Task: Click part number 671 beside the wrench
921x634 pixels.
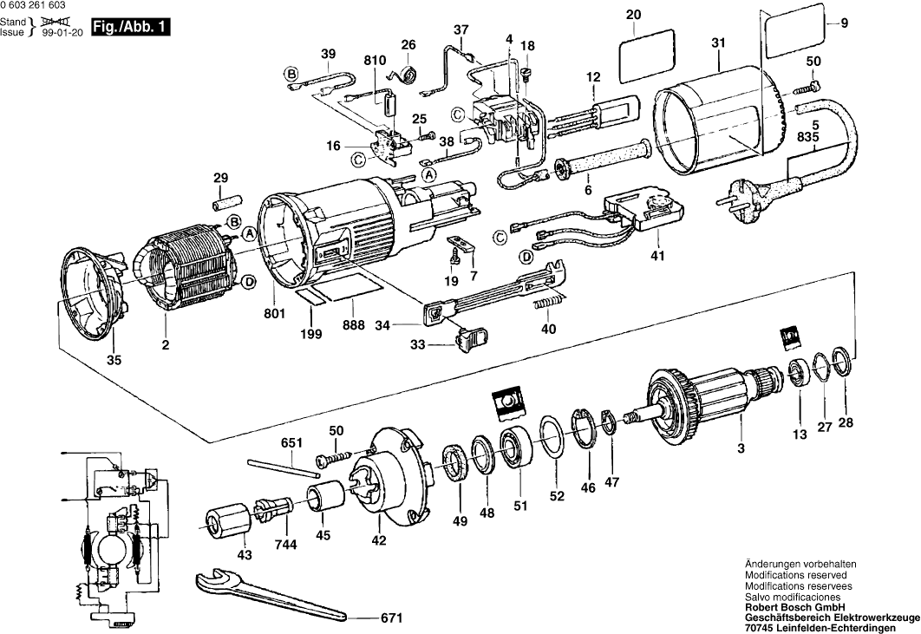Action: coord(392,619)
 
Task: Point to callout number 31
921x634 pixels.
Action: coord(720,41)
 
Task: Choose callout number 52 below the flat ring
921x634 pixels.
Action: coord(557,497)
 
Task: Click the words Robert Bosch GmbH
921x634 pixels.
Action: coord(784,607)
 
